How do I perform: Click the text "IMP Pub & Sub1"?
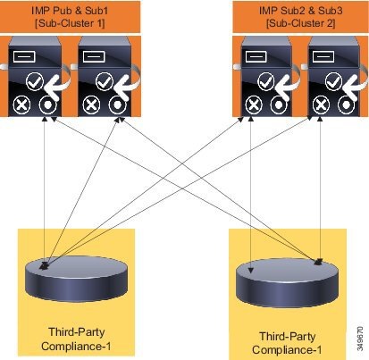70,11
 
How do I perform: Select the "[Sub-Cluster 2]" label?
301,23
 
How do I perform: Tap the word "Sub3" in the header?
331,11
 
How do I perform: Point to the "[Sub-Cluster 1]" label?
70,23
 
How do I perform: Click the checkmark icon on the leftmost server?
35,81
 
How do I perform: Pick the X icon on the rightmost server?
321,105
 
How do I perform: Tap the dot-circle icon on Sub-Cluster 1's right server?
118,105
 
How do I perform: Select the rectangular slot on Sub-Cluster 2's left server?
256,56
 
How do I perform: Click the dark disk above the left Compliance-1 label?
77,279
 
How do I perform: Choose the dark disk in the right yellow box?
287,283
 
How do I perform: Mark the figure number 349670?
360,339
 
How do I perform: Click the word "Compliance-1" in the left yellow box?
76,347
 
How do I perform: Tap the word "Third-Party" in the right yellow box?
288,337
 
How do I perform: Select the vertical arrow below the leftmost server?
45,191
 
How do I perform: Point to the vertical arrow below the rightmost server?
320,189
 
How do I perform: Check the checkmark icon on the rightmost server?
334,81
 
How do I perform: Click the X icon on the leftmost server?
22,105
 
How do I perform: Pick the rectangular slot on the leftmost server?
24,56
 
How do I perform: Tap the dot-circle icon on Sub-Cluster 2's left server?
279,105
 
